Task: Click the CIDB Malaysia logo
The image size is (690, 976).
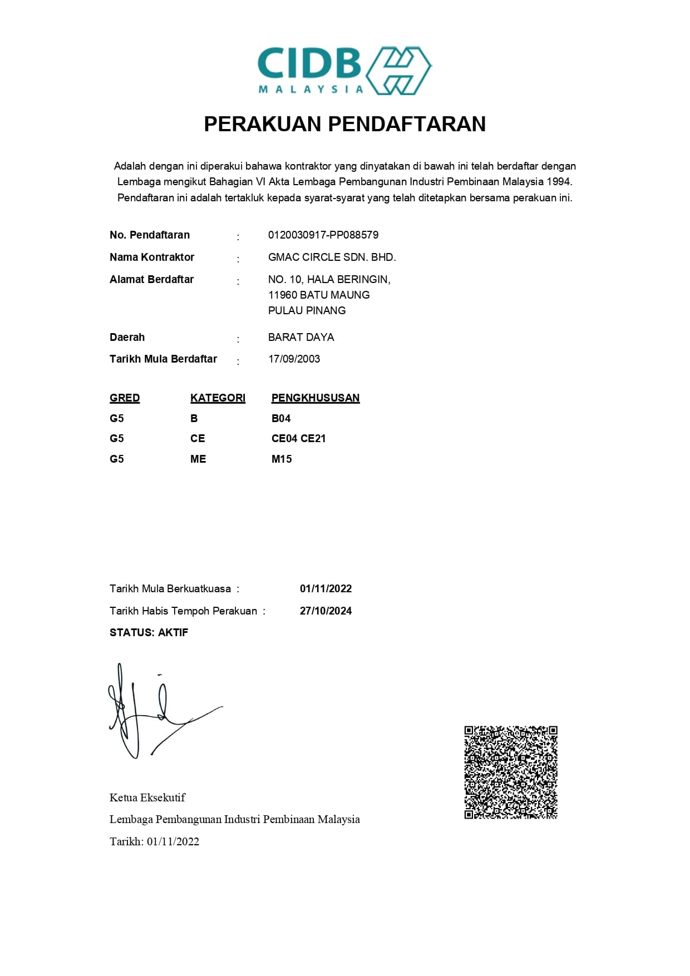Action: click(344, 71)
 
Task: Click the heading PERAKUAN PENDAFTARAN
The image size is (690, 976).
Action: click(344, 124)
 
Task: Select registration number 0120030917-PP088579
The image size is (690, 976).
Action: click(323, 235)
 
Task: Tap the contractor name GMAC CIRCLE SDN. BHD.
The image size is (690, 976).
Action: click(332, 257)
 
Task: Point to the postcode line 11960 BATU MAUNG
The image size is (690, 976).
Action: click(318, 295)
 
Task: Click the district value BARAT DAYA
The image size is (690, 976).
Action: click(300, 338)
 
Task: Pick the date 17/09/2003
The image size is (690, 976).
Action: click(294, 359)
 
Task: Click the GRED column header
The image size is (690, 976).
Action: click(125, 398)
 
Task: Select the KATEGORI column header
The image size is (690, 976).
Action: click(218, 398)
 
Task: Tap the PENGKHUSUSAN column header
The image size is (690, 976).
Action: click(315, 398)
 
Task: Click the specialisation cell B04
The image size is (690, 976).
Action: click(281, 419)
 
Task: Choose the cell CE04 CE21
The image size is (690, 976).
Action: click(298, 439)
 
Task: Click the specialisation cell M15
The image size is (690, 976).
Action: click(282, 459)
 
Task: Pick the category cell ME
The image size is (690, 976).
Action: click(198, 459)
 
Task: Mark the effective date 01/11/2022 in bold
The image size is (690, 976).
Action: click(326, 589)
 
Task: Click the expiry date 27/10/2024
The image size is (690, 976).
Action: click(326, 611)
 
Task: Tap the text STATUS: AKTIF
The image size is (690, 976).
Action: click(149, 633)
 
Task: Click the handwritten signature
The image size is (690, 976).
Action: click(156, 712)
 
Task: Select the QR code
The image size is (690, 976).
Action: click(511, 772)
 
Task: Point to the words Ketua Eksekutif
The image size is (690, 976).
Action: click(147, 798)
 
